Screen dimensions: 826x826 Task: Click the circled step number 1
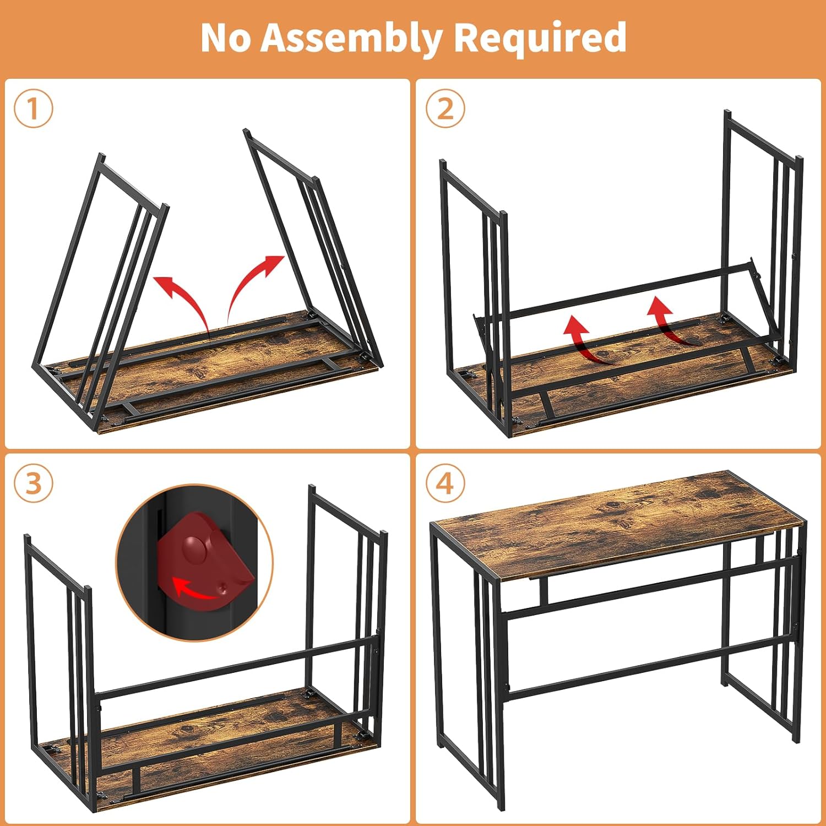coord(34,108)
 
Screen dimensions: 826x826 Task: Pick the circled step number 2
coord(445,108)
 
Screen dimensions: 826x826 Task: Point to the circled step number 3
coord(34,484)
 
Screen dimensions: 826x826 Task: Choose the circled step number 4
coord(445,484)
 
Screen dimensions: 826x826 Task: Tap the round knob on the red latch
coord(194,547)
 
